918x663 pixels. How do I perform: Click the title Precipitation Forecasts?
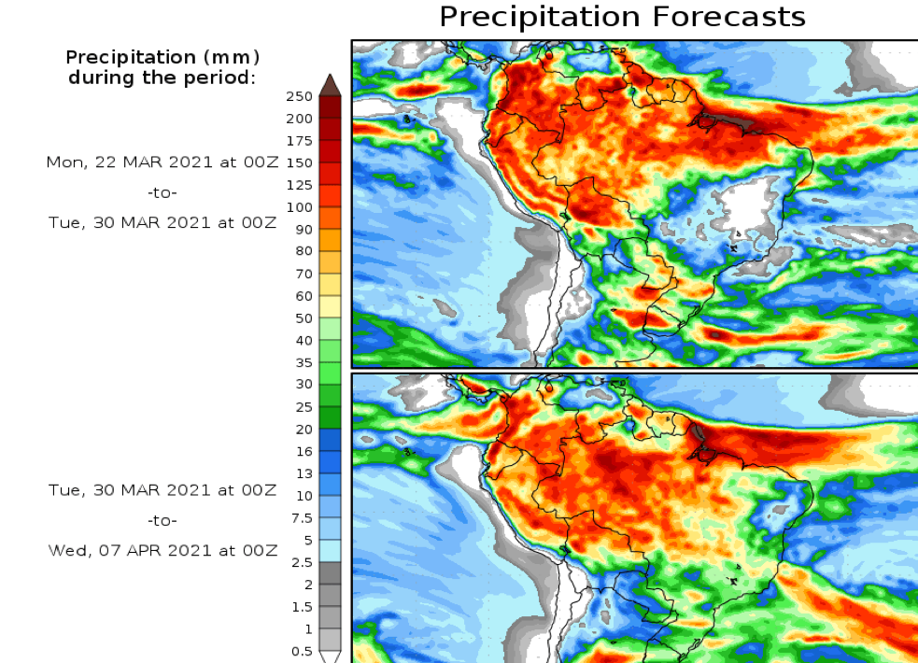[622, 16]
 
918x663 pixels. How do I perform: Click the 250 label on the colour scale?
[300, 96]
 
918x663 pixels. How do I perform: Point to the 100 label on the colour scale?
[300, 206]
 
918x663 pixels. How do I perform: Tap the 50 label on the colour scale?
[304, 317]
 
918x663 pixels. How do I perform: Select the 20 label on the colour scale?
[304, 429]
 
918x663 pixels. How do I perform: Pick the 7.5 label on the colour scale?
[301, 517]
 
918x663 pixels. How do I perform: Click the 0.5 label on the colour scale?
[301, 650]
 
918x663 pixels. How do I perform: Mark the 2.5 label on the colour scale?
[301, 561]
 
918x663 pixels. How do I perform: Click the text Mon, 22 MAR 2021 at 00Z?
[162, 162]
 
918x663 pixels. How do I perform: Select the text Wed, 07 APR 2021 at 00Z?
[162, 551]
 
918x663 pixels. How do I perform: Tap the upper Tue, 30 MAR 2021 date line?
[162, 222]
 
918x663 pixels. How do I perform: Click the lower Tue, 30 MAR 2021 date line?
[162, 489]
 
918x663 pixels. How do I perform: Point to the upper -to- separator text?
[162, 192]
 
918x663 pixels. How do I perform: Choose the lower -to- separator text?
[162, 520]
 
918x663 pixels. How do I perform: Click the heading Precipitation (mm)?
[162, 58]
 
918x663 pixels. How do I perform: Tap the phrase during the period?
[162, 77]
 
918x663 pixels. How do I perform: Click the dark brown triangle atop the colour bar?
[330, 86]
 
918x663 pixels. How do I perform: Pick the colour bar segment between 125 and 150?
[330, 174]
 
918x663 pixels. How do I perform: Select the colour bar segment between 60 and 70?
[330, 285]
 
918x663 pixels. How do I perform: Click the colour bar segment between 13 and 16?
[330, 461]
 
